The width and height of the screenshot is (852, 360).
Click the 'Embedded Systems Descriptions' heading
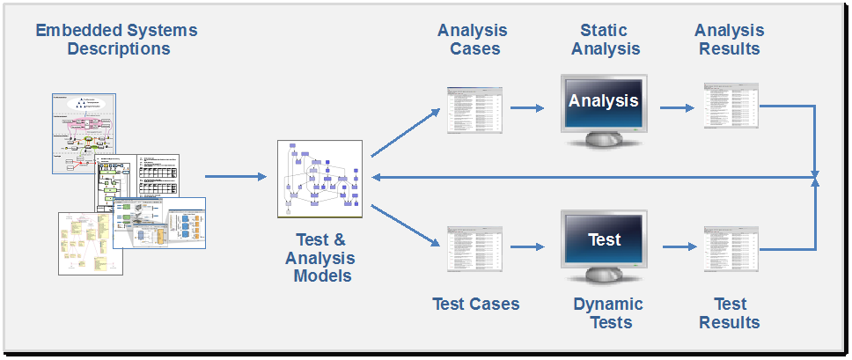pos(116,39)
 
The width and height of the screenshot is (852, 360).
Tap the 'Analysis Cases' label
pos(472,39)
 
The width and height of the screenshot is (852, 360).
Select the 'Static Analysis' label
pos(605,39)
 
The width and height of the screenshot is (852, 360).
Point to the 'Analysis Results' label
pos(729,39)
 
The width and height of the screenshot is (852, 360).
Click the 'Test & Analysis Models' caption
pos(319,257)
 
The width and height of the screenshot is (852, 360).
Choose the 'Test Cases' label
pos(475,305)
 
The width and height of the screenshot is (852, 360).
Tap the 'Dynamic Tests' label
pos(607,312)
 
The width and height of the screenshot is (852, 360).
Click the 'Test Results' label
pos(730,312)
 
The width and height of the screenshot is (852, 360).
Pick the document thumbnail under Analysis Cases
pos(474,109)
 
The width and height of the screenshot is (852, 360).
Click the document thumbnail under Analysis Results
pos(730,106)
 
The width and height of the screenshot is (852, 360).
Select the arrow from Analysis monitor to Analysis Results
pos(676,108)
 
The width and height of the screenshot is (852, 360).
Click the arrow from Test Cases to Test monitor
pos(527,247)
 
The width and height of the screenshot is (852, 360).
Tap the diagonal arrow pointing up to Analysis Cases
pos(406,133)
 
